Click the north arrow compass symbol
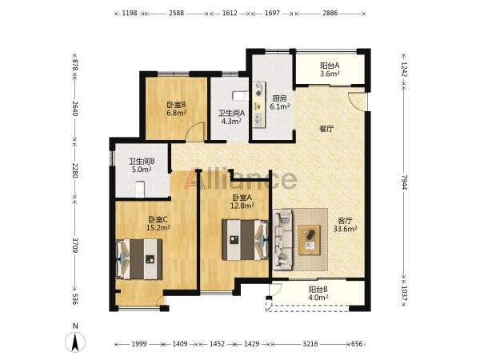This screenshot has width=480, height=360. [x=75, y=340]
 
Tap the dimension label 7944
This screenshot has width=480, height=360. [x=404, y=182]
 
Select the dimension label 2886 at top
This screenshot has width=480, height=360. [x=330, y=13]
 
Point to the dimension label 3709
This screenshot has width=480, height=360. [x=75, y=245]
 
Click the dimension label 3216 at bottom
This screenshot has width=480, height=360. [x=310, y=344]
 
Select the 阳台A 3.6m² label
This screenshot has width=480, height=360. [x=330, y=70]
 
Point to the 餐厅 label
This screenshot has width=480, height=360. [x=326, y=129]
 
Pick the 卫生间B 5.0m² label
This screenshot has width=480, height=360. [x=142, y=165]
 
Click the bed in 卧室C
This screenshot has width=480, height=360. [x=139, y=259]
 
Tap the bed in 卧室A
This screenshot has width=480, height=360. [x=246, y=239]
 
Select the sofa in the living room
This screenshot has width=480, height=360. [x=282, y=240]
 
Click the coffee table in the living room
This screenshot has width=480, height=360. [x=310, y=240]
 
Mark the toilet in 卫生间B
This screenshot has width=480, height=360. [x=140, y=189]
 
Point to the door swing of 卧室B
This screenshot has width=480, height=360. [x=195, y=132]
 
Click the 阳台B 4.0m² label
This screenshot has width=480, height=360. [x=318, y=293]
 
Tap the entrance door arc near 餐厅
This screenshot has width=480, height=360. [x=357, y=101]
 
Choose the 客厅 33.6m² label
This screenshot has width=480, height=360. [x=345, y=225]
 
